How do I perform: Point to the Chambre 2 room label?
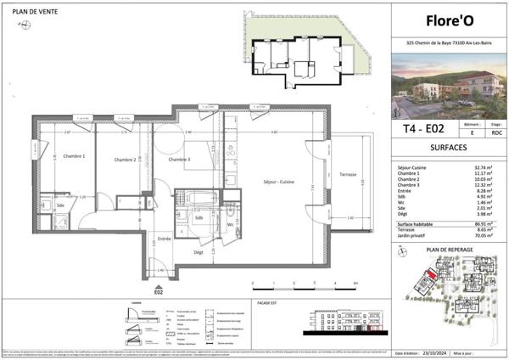coord(125,160)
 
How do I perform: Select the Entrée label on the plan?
coord(164,239)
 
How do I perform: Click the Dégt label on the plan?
coord(199,252)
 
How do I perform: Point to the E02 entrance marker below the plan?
coord(158,290)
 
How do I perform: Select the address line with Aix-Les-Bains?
coord(449,43)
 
